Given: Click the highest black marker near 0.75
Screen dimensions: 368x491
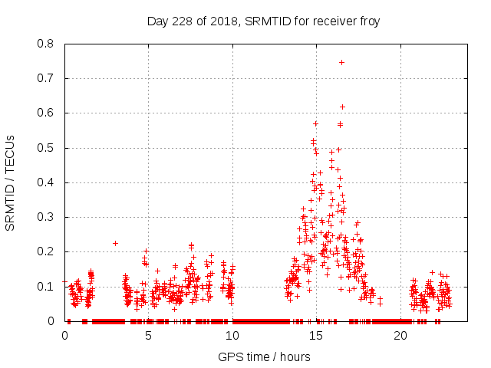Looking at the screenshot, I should [341, 62].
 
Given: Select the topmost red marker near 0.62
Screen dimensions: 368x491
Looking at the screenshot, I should [342, 107].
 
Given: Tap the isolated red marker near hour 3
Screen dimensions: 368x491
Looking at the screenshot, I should [115, 243].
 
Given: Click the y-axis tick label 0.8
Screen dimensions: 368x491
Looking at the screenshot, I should [47, 44].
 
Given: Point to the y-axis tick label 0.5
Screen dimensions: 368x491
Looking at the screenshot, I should [47, 147].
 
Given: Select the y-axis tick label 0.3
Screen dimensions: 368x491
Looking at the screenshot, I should [47, 217].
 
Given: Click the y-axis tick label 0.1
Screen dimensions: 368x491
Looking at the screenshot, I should [47, 286].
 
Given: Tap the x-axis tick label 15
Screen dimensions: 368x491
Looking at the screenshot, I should [316, 335].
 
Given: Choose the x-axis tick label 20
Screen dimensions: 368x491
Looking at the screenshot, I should [400, 335].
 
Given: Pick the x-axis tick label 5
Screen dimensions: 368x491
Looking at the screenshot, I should [148, 335].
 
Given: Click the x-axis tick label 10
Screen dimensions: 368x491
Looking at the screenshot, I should [232, 335].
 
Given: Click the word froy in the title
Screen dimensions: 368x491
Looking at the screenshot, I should [368, 21].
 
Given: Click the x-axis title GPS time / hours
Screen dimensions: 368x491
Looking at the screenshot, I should [264, 356].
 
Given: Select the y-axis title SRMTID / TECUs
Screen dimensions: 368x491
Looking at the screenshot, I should [10, 182].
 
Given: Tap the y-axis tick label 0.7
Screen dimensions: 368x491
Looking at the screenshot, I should [47, 78].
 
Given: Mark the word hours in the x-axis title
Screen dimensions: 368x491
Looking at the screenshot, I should [295, 356].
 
